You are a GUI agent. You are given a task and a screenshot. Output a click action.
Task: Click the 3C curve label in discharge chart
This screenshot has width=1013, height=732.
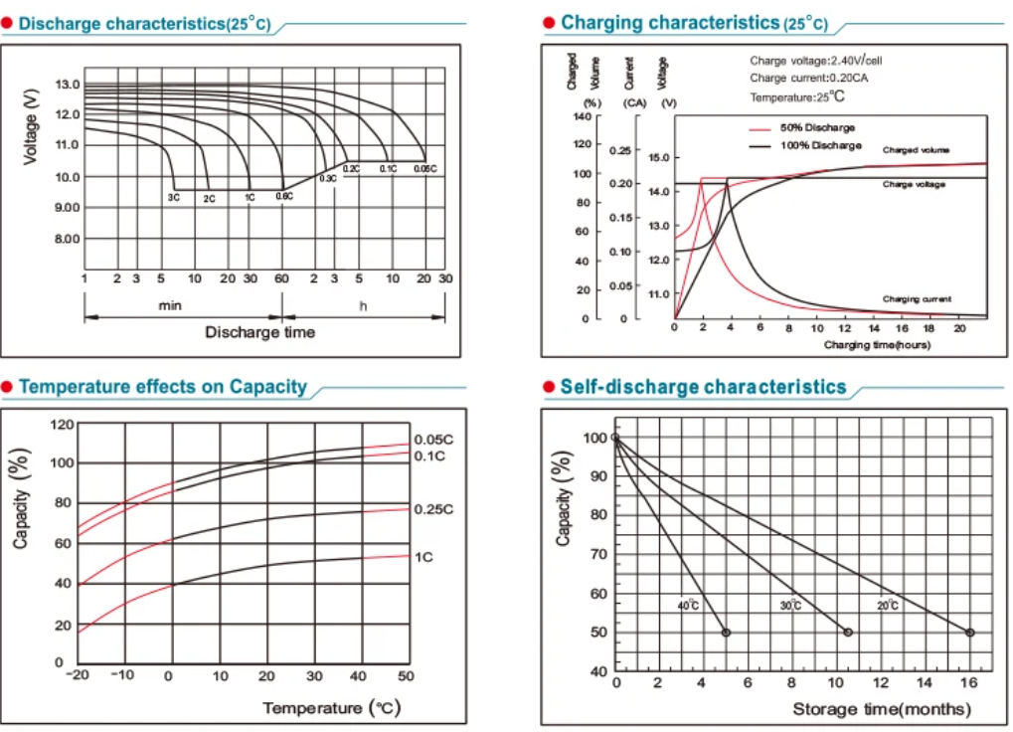[174, 199]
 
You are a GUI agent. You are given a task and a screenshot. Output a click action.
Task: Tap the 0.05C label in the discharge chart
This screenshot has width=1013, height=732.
[424, 169]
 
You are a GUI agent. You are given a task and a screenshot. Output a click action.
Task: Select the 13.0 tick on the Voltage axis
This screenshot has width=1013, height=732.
[68, 84]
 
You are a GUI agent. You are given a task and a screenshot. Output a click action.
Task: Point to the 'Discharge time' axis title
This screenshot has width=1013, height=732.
[259, 331]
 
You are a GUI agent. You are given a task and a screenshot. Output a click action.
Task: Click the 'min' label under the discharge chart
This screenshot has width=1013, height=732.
[170, 305]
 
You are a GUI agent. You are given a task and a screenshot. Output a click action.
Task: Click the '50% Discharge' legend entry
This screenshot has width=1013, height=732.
[803, 128]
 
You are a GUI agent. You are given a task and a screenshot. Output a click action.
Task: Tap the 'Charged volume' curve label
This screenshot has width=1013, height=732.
[916, 149]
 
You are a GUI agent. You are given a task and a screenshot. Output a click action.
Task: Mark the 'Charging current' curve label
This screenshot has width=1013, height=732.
[917, 298]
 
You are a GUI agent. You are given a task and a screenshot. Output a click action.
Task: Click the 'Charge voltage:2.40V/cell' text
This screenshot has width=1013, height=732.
[815, 61]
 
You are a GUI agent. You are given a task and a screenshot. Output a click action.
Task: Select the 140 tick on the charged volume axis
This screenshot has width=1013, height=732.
[581, 116]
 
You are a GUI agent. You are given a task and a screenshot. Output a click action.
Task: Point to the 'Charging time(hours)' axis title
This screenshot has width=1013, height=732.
[876, 344]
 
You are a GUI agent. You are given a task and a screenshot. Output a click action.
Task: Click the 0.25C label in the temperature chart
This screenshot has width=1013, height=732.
[432, 509]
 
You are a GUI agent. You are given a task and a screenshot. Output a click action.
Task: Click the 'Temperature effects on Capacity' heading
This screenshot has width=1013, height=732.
[163, 387]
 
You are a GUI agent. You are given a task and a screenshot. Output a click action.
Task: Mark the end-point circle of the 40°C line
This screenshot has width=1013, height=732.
[726, 633]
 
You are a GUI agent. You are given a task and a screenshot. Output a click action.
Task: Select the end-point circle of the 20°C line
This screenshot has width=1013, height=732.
[970, 633]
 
